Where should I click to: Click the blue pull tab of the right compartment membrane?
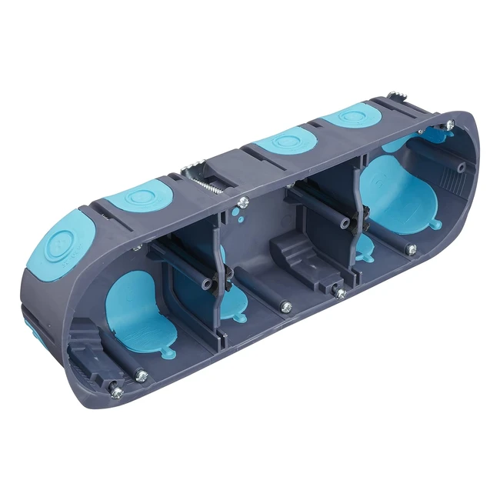435,225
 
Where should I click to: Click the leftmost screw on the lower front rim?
116,392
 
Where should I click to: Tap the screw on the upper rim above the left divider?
243,202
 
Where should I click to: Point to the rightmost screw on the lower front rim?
411,249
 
